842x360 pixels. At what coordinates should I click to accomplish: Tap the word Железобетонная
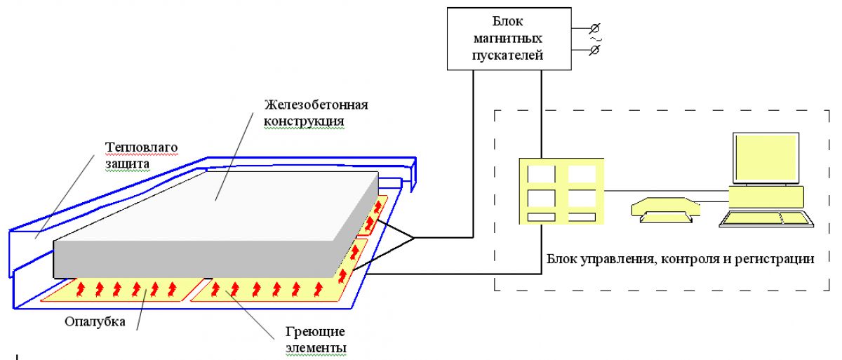click(x=316, y=105)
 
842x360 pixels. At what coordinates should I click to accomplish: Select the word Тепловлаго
click(x=141, y=147)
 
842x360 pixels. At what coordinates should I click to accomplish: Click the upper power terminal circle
click(x=594, y=29)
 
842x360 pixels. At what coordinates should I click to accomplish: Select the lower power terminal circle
click(x=594, y=51)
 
